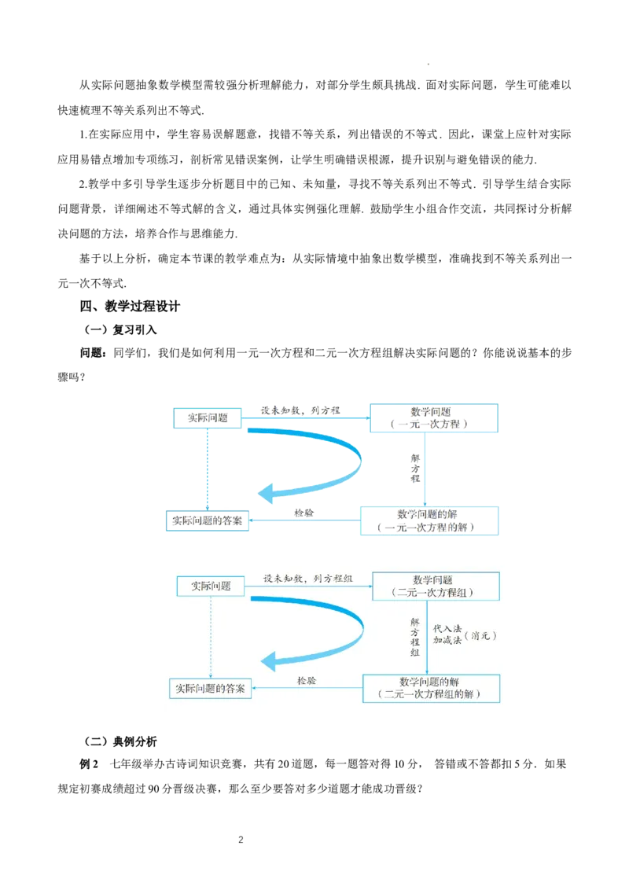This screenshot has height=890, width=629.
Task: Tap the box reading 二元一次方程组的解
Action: click(431, 688)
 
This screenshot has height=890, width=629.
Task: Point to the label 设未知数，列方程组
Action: click(307, 579)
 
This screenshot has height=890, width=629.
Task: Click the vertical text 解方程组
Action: click(415, 636)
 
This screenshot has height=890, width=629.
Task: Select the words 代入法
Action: click(447, 629)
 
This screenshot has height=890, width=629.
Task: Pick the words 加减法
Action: click(447, 641)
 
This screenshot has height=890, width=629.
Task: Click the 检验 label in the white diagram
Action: click(307, 681)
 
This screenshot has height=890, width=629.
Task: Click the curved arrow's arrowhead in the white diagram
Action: click(271, 659)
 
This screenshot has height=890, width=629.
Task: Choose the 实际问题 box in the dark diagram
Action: click(205, 417)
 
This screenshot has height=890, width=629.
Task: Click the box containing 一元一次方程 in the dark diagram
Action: click(434, 418)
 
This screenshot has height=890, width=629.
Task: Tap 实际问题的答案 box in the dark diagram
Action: click(208, 521)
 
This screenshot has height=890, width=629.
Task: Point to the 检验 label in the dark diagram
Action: click(304, 513)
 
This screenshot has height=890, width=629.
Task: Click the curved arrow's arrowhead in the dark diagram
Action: click(265, 494)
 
